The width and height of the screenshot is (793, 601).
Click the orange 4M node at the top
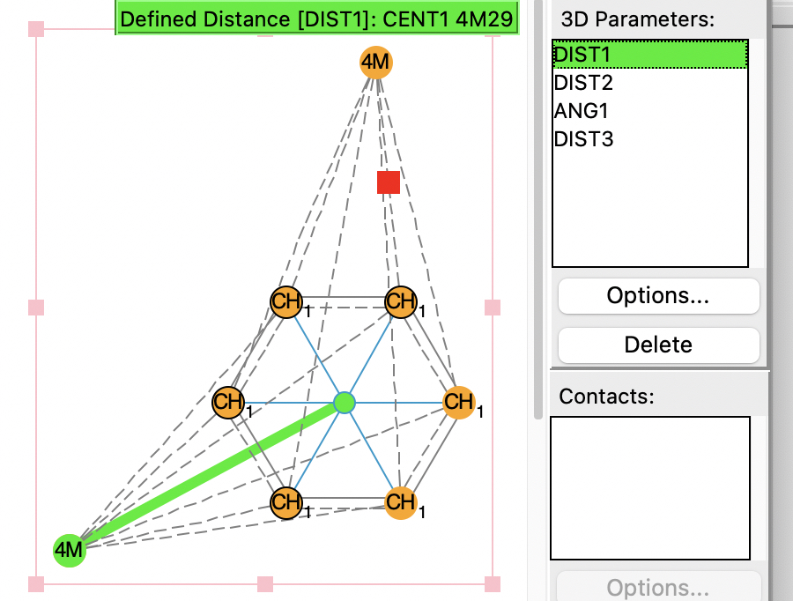[375, 63]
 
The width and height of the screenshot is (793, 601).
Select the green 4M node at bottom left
[69, 551]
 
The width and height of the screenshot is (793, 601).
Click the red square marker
[389, 182]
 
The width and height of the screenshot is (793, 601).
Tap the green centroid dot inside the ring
[345, 403]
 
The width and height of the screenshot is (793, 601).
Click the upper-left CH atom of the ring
[286, 302]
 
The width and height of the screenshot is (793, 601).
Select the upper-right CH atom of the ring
[401, 302]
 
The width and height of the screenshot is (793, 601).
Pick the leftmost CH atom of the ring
[228, 403]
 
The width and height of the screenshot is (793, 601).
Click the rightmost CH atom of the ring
[458, 403]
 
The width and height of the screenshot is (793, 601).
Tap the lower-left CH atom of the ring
[286, 502]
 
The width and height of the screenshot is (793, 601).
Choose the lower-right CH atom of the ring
[401, 502]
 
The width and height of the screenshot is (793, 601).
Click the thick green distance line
[207, 477]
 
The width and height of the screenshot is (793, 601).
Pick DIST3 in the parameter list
[583, 139]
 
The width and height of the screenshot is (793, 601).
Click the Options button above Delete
[658, 296]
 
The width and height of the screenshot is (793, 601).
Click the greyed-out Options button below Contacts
[658, 588]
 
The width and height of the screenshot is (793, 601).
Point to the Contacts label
[606, 396]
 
